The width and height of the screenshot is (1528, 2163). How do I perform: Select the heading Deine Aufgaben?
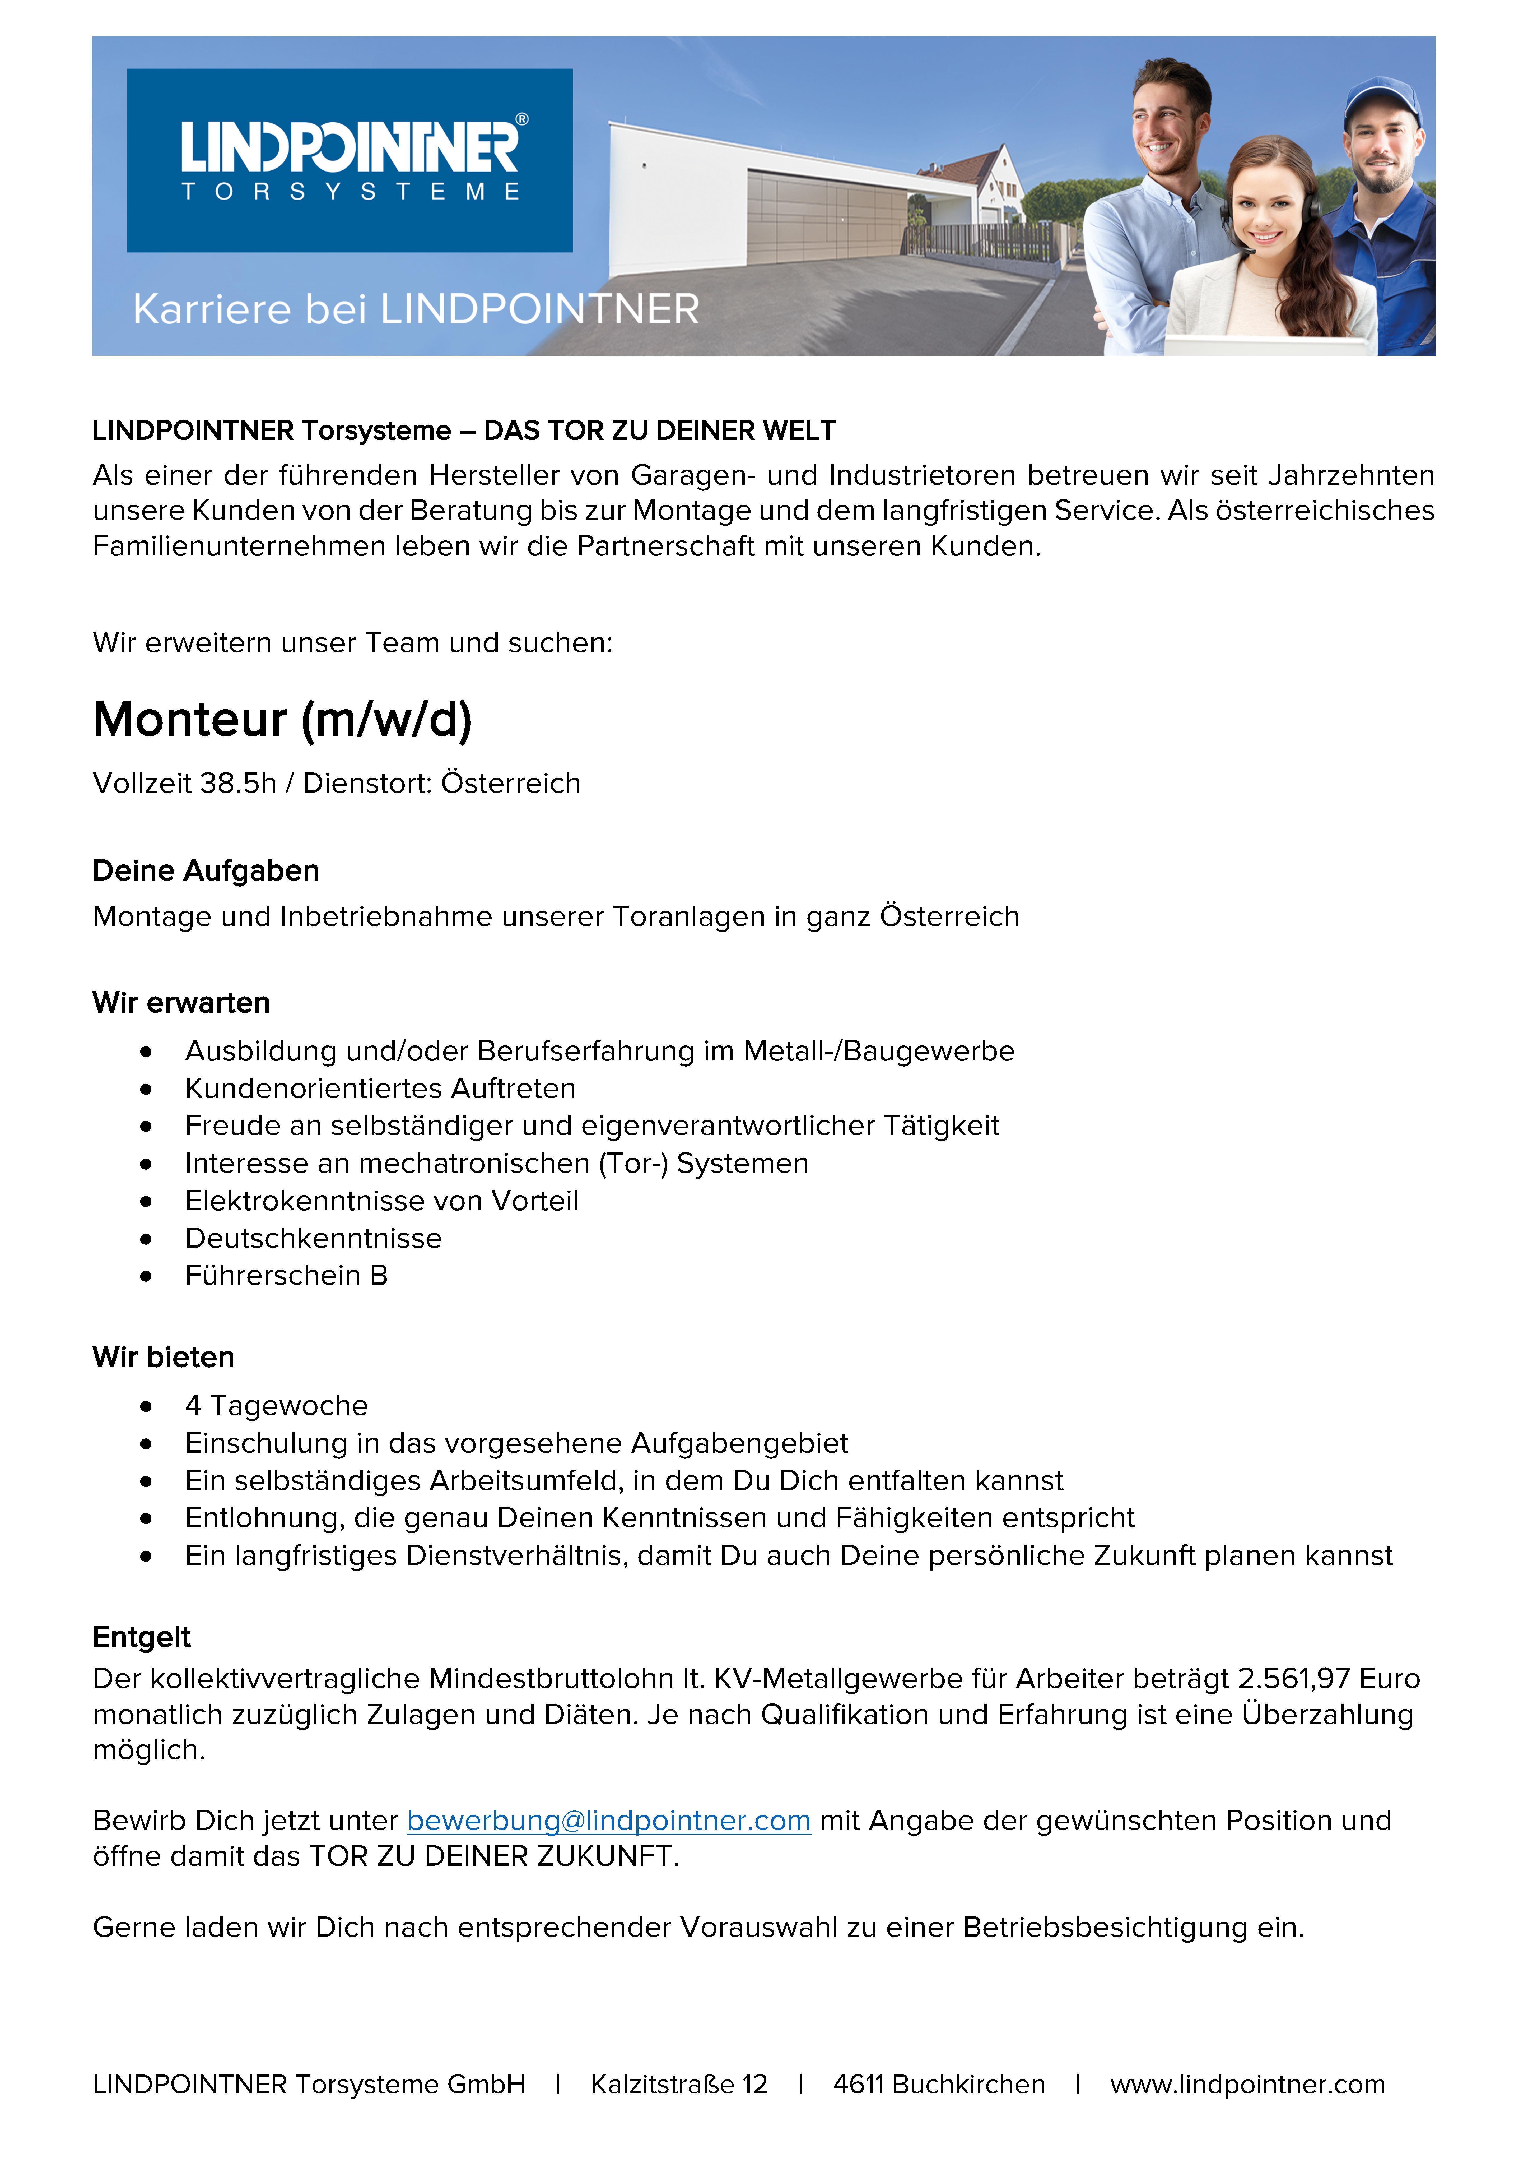205,870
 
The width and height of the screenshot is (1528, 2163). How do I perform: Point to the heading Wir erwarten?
181,1002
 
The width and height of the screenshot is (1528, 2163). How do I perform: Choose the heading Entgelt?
141,1637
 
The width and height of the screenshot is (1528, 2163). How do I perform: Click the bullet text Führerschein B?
286,1276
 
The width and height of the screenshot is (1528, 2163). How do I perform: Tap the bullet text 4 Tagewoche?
276,1406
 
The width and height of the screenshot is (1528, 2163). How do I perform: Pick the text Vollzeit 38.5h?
185,783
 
